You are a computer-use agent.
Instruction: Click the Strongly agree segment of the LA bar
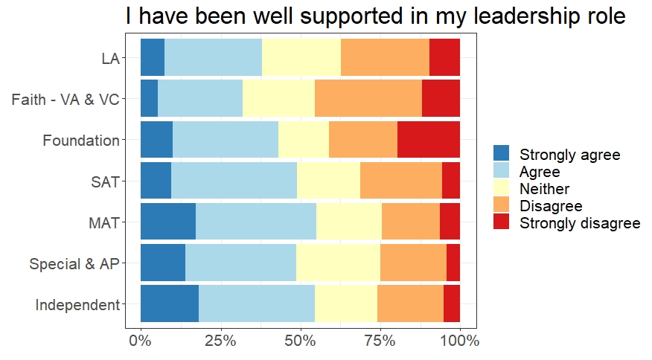pos(152,57)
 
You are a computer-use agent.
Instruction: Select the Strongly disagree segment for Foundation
pos(428,139)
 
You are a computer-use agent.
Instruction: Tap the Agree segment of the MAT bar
pos(255,221)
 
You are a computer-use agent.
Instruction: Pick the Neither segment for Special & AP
pos(338,262)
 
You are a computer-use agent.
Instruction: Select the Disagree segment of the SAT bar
pos(400,180)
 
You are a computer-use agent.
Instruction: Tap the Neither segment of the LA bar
pos(301,57)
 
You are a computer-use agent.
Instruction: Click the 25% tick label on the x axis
pos(220,341)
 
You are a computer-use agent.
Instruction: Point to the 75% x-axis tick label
pos(380,341)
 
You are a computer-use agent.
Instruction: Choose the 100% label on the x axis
pos(459,341)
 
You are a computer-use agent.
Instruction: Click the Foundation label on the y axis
pos(81,140)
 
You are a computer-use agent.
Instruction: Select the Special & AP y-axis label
pos(74,263)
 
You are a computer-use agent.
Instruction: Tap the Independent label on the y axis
pos(77,304)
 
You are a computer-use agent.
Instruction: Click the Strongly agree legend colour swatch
pos(502,154)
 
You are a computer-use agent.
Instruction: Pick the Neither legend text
pos(544,189)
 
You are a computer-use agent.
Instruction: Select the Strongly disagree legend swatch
pos(502,222)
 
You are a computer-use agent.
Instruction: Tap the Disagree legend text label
pos(551,206)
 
